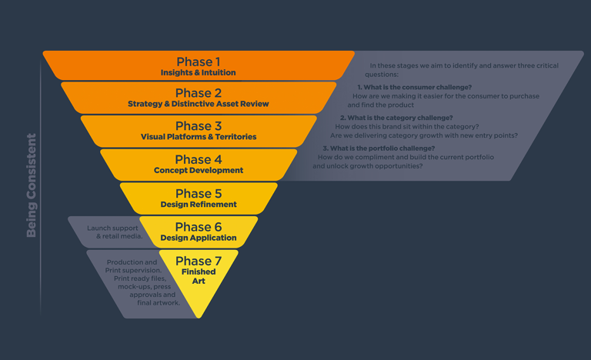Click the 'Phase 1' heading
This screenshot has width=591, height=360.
(x=199, y=62)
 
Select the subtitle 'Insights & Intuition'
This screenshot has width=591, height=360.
(x=199, y=72)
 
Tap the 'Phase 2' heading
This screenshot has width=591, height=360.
(x=199, y=93)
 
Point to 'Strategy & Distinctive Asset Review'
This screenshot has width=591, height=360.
(x=199, y=104)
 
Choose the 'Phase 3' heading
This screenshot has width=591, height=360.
(x=199, y=125)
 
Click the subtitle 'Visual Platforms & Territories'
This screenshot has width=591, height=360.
(x=199, y=136)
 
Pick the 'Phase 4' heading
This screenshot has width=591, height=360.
(x=199, y=159)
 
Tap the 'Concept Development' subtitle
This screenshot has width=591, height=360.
(x=199, y=170)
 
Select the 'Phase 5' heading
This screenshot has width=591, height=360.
(x=199, y=193)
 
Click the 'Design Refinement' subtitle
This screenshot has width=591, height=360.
(x=199, y=205)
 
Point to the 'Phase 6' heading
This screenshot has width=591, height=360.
(x=199, y=227)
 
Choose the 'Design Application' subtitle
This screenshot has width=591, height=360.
(x=199, y=238)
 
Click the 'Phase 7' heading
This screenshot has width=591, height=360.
(x=199, y=261)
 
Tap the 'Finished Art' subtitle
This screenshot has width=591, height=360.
(x=199, y=276)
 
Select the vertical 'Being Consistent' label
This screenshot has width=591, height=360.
(x=32, y=185)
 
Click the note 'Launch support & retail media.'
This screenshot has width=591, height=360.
(x=115, y=232)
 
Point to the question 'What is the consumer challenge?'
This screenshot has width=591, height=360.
(x=418, y=87)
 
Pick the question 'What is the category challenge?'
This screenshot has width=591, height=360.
(x=400, y=118)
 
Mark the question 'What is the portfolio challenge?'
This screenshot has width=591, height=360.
(x=382, y=148)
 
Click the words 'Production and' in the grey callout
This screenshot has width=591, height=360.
(x=132, y=262)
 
